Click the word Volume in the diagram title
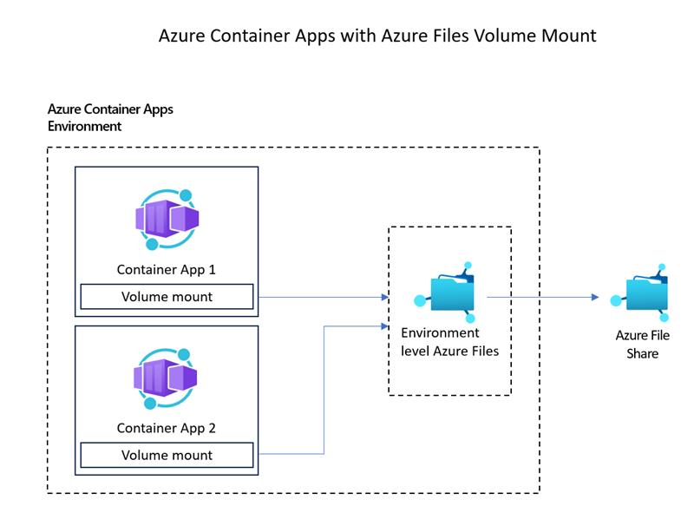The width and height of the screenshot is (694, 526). point(504,36)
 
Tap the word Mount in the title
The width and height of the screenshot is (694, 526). point(569,36)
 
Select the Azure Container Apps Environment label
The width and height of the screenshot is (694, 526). point(110,117)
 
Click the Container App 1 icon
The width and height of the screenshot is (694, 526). point(167,220)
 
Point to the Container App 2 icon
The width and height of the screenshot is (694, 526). point(166,378)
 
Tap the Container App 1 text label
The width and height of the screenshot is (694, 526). point(166,270)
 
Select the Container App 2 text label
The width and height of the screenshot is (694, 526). point(166,428)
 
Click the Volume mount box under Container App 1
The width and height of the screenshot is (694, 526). point(167,297)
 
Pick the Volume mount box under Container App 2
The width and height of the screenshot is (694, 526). point(167,455)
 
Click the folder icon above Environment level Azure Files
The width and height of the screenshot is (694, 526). point(447,293)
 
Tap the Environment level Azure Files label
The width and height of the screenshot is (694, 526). point(449,342)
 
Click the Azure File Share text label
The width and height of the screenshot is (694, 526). point(642,345)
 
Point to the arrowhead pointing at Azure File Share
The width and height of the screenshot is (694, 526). point(595,297)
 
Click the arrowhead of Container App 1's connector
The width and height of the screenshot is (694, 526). point(385,297)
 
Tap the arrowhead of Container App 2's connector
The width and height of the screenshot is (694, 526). point(385,326)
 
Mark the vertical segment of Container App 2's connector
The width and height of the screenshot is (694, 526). point(324,390)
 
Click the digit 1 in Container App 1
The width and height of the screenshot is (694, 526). point(212,269)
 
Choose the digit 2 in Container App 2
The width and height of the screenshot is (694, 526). point(212,428)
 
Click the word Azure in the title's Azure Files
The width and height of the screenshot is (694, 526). point(401,36)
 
